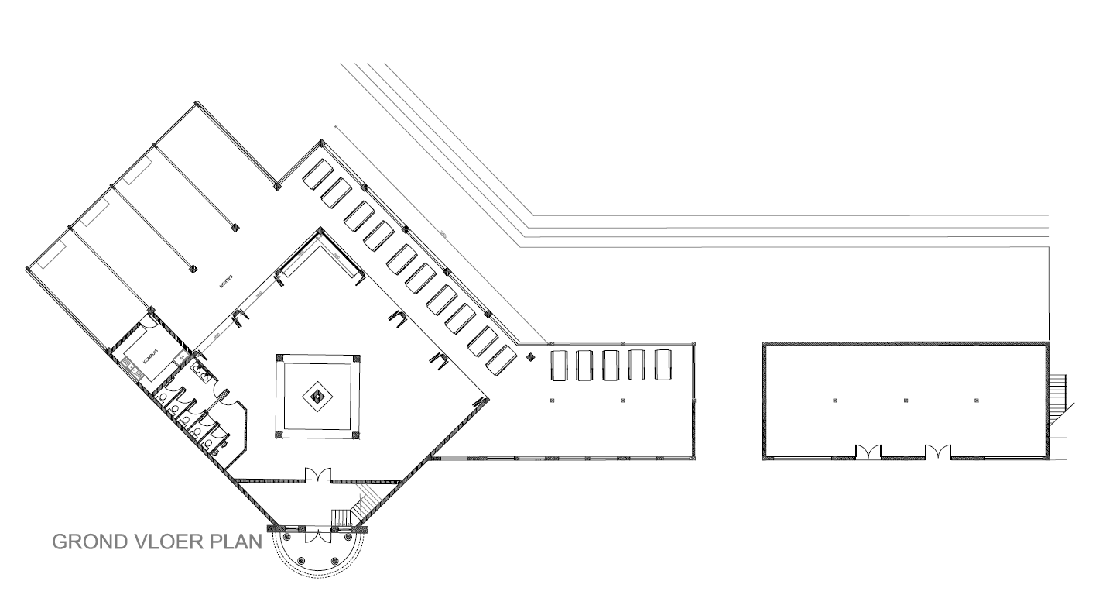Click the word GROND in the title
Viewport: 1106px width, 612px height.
click(86, 542)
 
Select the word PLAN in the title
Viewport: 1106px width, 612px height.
click(235, 542)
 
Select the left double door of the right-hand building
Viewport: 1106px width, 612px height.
click(868, 452)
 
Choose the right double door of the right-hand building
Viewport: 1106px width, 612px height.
click(938, 452)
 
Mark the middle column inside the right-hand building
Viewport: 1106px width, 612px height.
click(906, 401)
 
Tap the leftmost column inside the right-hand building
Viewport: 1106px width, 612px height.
click(835, 401)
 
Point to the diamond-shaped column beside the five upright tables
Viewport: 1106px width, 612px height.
click(531, 357)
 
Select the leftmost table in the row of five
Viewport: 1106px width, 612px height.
click(559, 365)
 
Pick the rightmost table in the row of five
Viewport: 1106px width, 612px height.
click(662, 365)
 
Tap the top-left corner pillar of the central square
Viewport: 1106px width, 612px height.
click(279, 358)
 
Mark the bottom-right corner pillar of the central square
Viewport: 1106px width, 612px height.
click(355, 435)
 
